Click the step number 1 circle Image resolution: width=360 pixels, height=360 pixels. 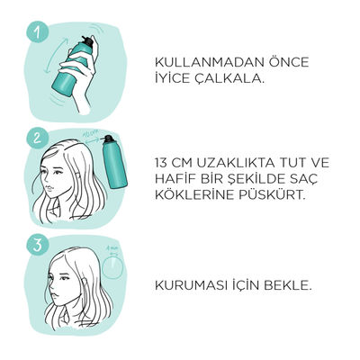click(37, 32)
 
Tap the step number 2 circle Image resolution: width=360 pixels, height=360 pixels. click(37, 139)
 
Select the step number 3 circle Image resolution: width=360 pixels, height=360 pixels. click(37, 245)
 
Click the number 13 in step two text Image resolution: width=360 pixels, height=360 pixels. click(161, 164)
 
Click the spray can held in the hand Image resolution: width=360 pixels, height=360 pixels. click(72, 67)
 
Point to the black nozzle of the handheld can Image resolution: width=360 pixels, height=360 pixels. click(87, 41)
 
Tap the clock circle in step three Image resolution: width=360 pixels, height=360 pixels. click(112, 267)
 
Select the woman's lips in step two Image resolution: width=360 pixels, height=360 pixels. click(49, 188)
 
